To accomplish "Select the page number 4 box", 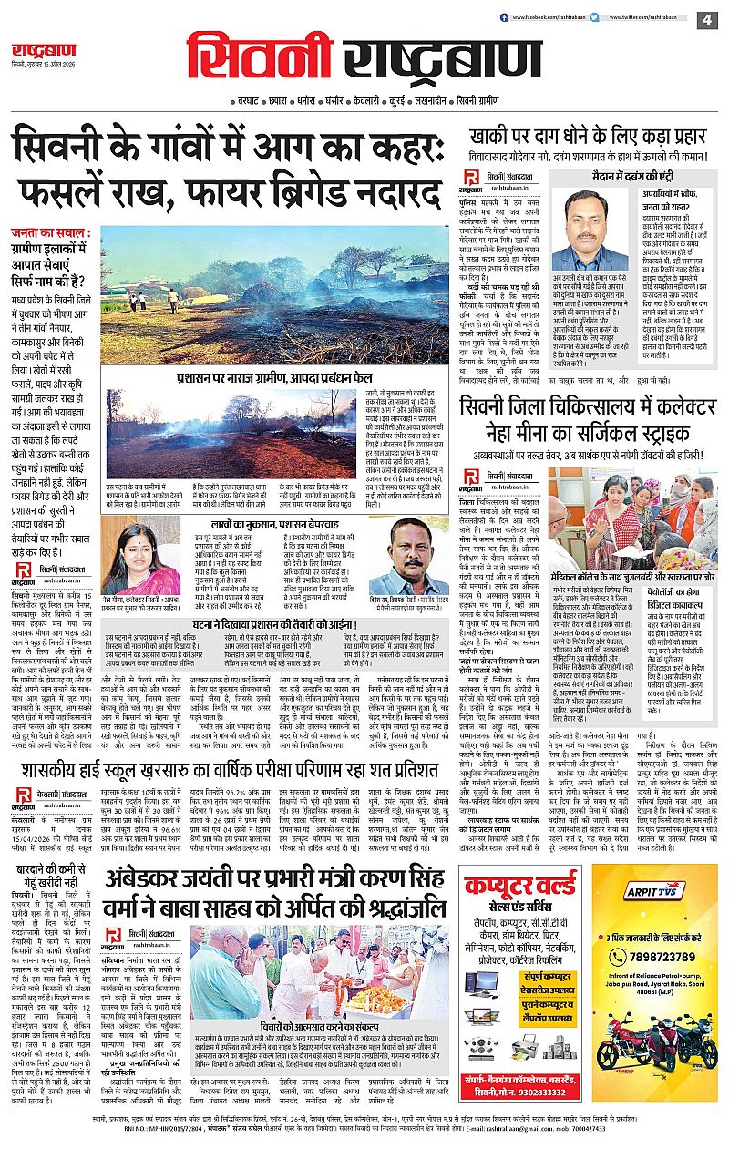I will [707, 19].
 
